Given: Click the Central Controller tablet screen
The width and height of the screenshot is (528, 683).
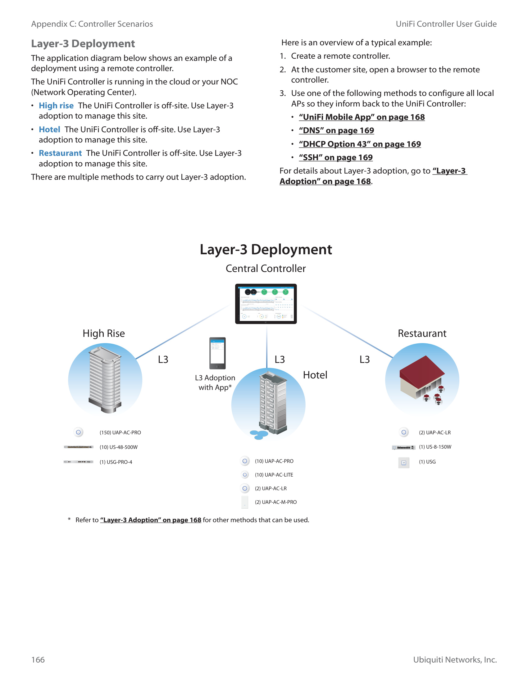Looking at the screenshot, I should pos(266,304).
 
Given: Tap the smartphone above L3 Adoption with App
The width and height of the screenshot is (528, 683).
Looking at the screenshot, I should pos(217,353).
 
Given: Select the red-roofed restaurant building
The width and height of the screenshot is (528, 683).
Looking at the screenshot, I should pos(422,379).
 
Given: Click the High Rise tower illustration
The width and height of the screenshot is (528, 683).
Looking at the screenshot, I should pos(105,378).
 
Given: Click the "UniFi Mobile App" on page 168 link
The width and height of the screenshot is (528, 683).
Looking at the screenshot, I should pos(362,117).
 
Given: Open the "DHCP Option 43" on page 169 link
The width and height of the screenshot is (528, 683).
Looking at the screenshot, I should pos(360,144).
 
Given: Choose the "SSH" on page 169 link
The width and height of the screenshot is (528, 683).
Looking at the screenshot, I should pos(336,157).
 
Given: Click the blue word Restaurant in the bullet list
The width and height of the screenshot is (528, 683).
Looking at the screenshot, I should pos(60,153).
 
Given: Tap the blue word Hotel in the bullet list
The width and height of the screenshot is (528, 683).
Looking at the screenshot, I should pos(49,129).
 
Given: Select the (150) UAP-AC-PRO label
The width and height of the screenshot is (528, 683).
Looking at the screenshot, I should pos(120,432).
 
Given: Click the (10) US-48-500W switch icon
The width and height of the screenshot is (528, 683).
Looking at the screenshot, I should pos(78,447).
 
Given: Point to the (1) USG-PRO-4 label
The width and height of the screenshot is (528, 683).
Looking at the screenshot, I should pos(116,462).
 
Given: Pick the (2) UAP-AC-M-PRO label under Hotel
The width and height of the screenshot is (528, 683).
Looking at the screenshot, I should pos(275,502).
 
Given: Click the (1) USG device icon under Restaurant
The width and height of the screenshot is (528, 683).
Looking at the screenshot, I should pos(403,463).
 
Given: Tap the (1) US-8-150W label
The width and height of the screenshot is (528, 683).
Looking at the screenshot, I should pos(435,447).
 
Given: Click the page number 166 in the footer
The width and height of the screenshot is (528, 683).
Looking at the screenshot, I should pos(38,659).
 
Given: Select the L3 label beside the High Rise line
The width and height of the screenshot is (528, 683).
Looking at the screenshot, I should pos(163,359).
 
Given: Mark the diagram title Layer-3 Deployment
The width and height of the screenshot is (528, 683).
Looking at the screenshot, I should pos(266,250).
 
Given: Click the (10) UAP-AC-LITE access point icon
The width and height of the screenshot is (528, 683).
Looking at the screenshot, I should pos(245,475).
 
